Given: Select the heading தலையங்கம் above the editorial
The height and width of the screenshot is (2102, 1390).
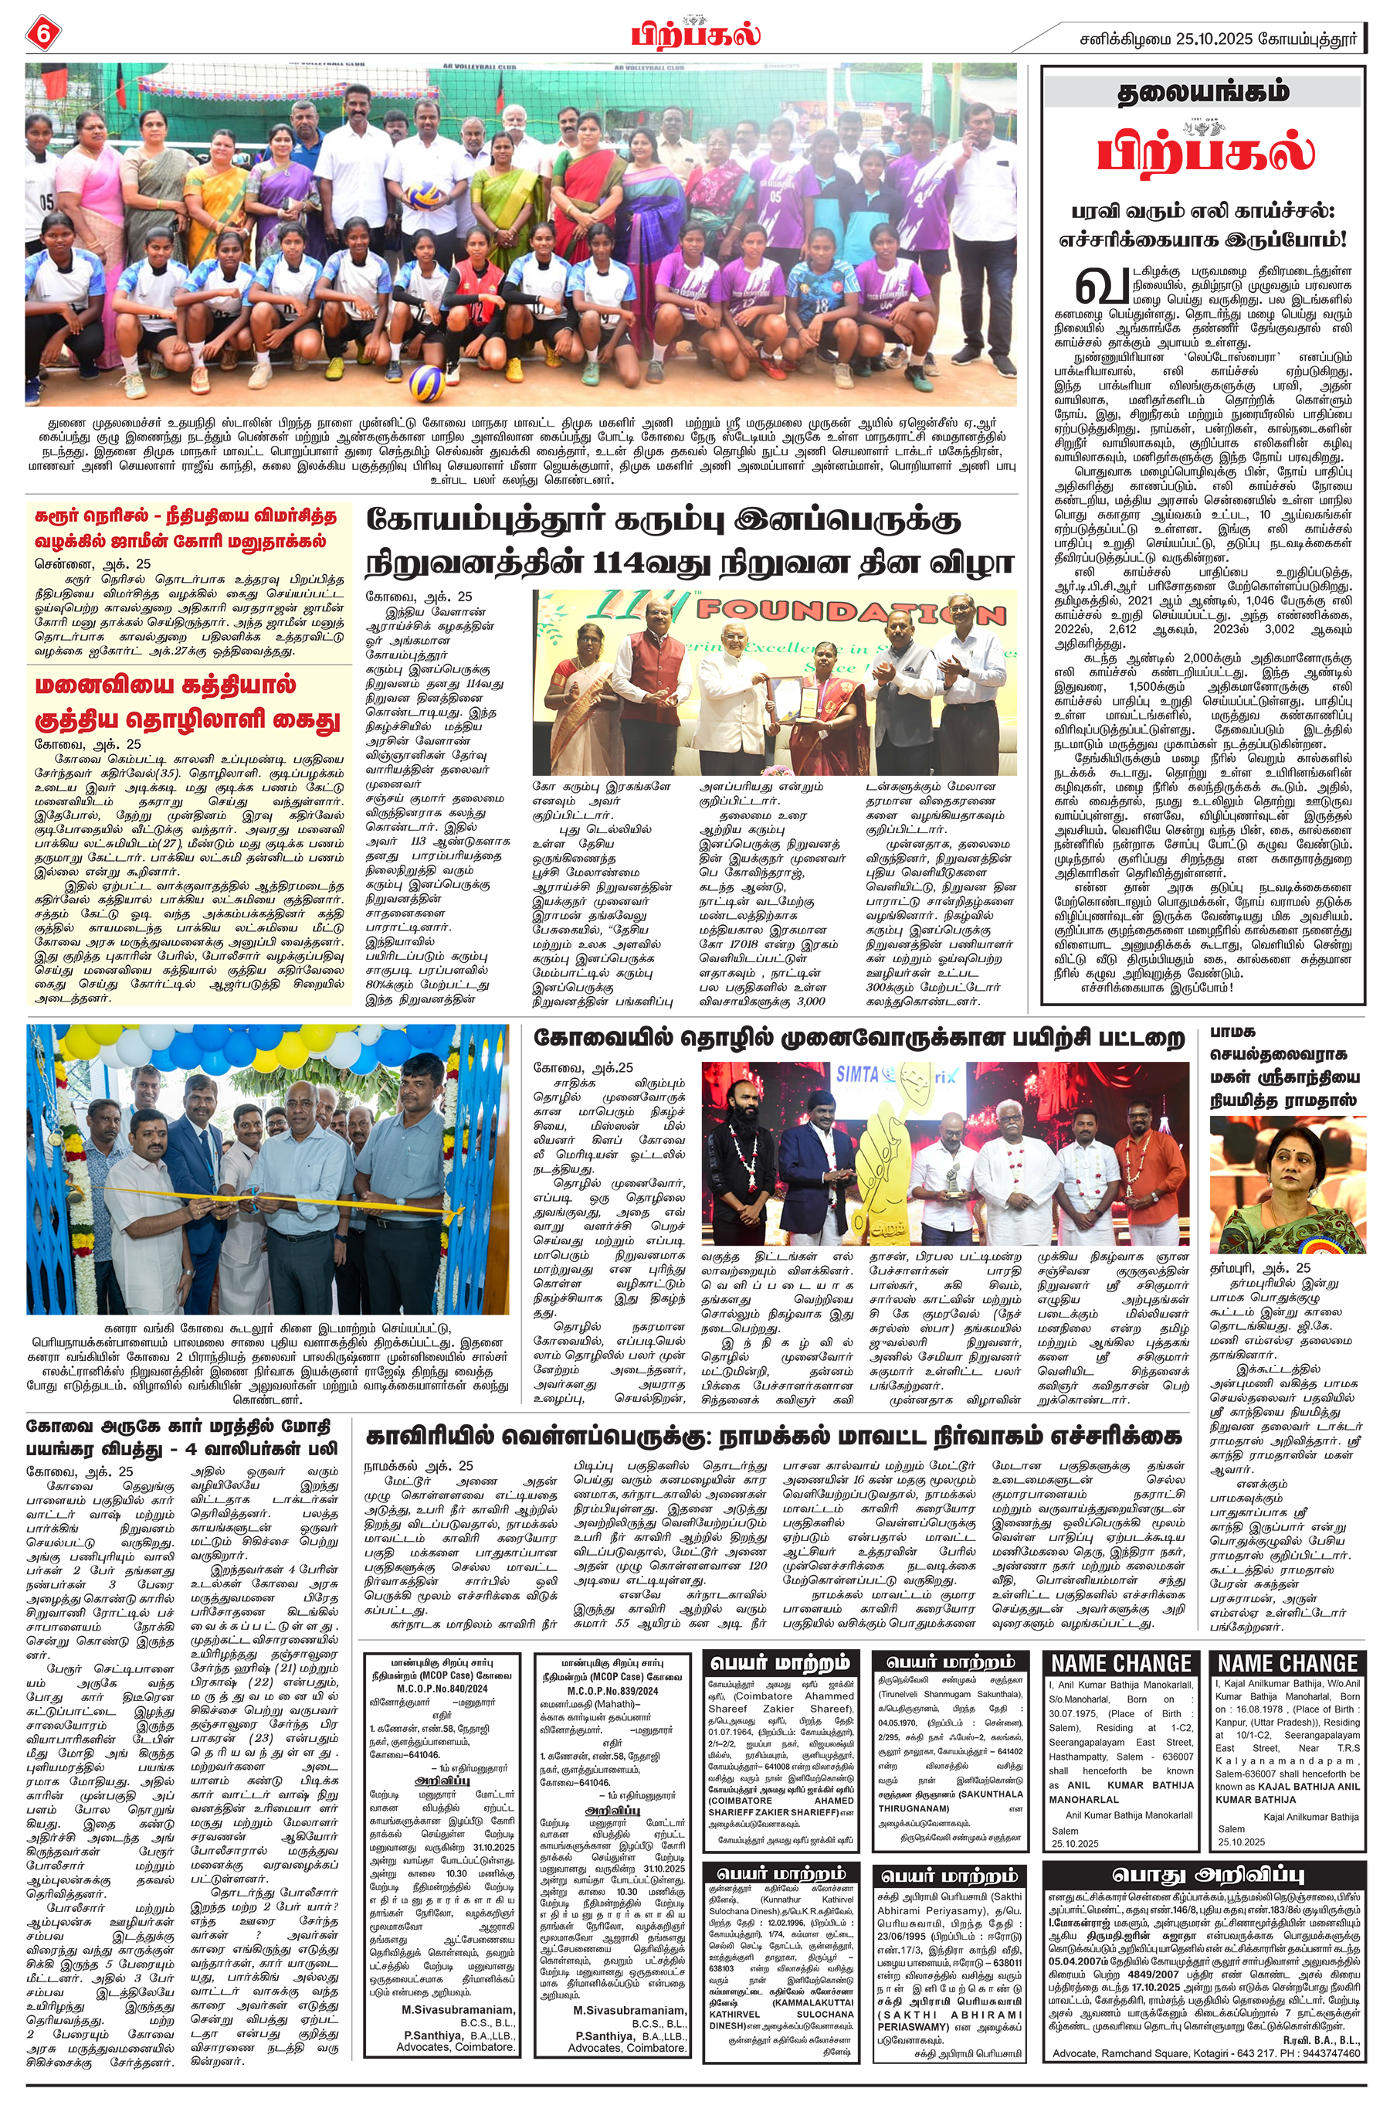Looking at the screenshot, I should (x=1202, y=91).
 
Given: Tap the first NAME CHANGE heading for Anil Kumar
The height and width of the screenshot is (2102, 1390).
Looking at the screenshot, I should (x=1120, y=1663).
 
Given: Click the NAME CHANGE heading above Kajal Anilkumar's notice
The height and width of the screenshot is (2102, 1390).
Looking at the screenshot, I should (x=1287, y=1663).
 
